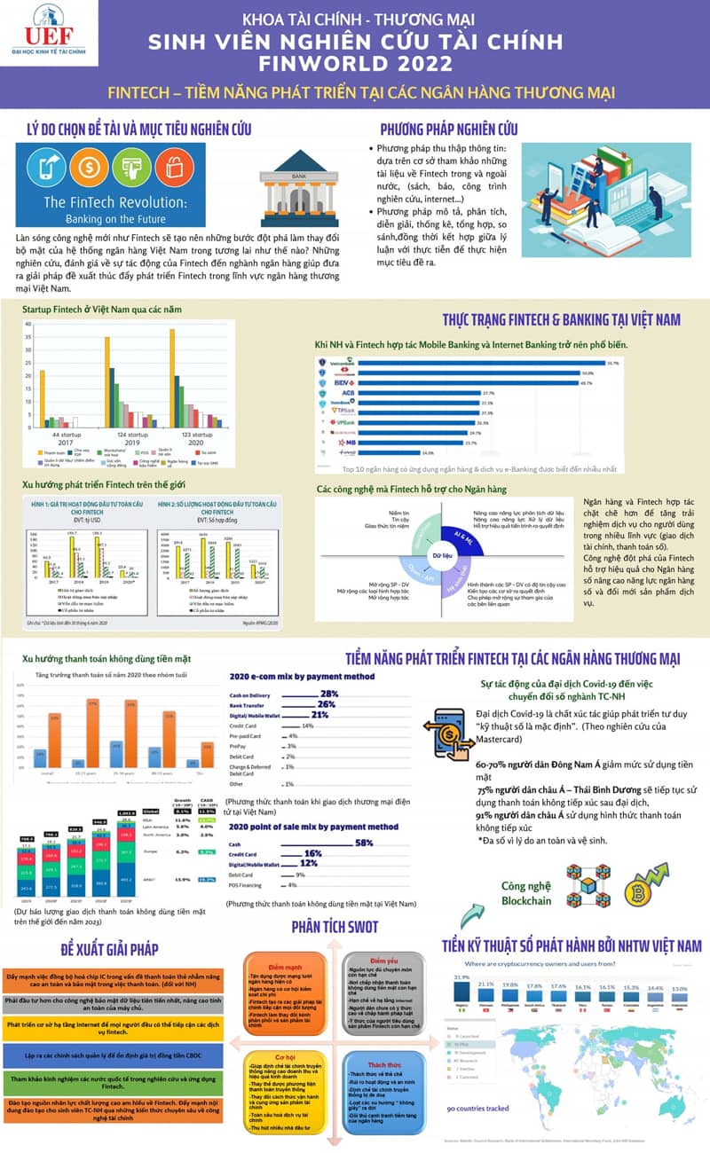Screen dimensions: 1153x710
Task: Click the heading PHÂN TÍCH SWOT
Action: (x=335, y=927)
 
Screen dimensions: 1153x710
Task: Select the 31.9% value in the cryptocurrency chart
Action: (x=461, y=977)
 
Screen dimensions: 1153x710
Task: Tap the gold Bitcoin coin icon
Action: (x=639, y=890)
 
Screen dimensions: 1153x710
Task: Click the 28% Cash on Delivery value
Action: (x=329, y=693)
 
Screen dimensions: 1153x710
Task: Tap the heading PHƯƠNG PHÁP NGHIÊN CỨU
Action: (x=448, y=129)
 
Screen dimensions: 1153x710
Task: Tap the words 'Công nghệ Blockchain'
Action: (x=526, y=892)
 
